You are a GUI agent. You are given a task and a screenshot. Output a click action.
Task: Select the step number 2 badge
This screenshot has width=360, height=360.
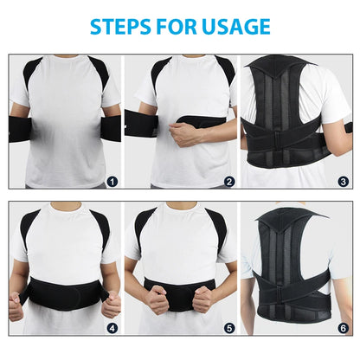tap(228, 181)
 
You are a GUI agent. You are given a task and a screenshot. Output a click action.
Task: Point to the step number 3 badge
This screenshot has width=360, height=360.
tap(343, 181)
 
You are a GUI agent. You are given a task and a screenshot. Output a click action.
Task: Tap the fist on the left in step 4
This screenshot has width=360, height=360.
tap(17, 305)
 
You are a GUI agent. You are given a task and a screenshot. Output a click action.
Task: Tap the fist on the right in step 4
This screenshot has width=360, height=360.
tap(111, 305)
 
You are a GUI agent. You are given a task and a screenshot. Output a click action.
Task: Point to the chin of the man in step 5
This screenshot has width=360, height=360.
tap(180, 209)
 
